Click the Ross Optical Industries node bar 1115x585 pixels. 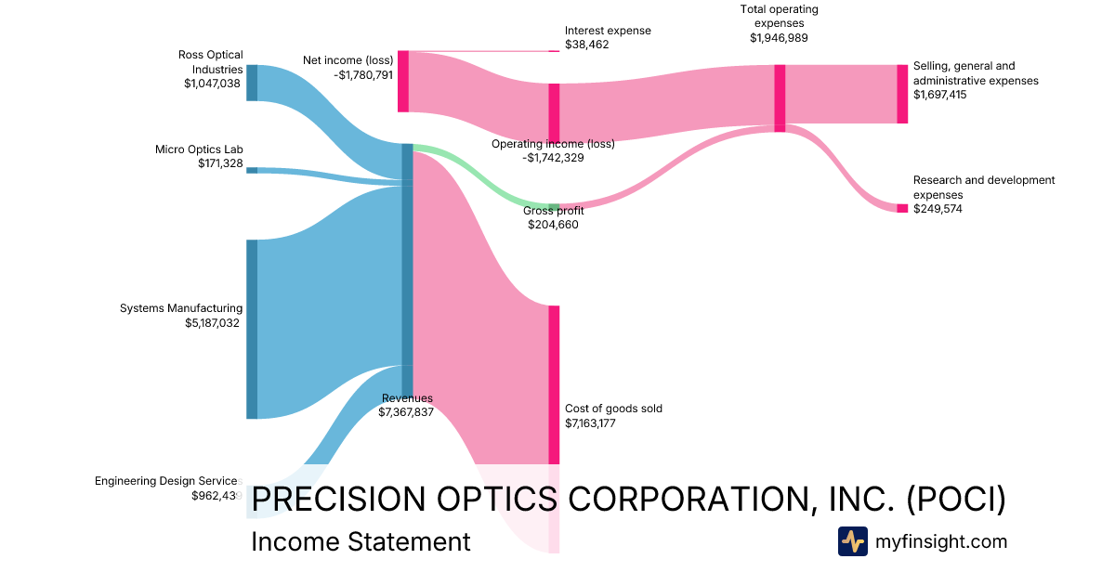tap(252, 83)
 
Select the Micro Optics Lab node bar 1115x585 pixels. tap(252, 170)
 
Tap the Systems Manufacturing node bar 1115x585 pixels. tap(252, 329)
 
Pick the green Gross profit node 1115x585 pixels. tap(554, 207)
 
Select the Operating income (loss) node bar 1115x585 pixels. tap(554, 112)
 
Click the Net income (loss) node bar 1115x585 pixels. tap(403, 82)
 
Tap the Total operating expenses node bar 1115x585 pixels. tap(780, 97)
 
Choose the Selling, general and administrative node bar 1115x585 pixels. tap(902, 94)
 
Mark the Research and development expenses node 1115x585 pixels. tap(902, 208)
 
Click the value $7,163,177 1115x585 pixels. tap(592, 423)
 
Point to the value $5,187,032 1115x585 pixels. tap(214, 323)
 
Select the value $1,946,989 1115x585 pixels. tap(779, 38)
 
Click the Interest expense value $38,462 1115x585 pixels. tap(587, 45)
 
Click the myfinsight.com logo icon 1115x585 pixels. tap(852, 541)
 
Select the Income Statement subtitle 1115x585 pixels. tap(361, 541)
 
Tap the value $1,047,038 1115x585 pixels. tap(213, 84)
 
